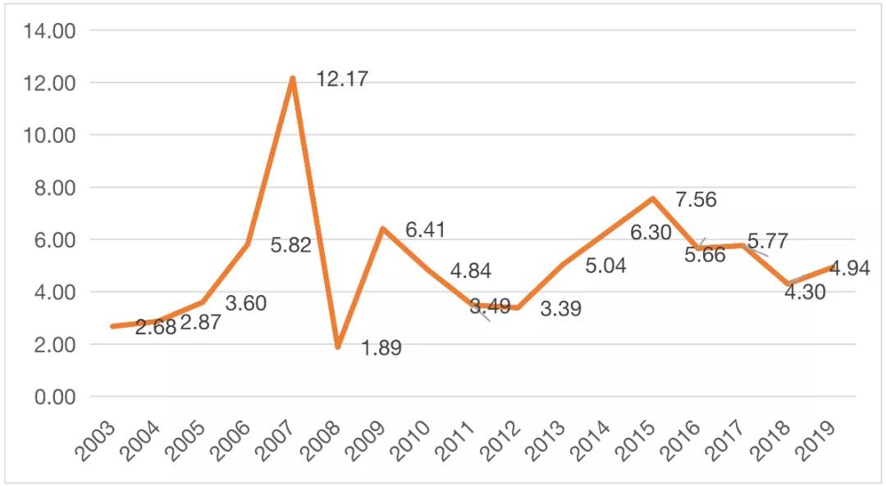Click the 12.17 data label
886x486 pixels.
[342, 79]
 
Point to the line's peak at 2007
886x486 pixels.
[293, 79]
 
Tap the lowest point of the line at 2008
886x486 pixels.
[337, 347]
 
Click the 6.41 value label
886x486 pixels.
[425, 230]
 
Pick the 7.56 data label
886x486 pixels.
[696, 200]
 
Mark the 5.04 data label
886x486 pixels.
[605, 266]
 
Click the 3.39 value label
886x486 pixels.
[560, 310]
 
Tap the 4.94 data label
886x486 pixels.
[848, 268]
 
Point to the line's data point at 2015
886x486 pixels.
[652, 198]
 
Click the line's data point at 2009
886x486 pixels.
[382, 229]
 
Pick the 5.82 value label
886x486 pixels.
[291, 245]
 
